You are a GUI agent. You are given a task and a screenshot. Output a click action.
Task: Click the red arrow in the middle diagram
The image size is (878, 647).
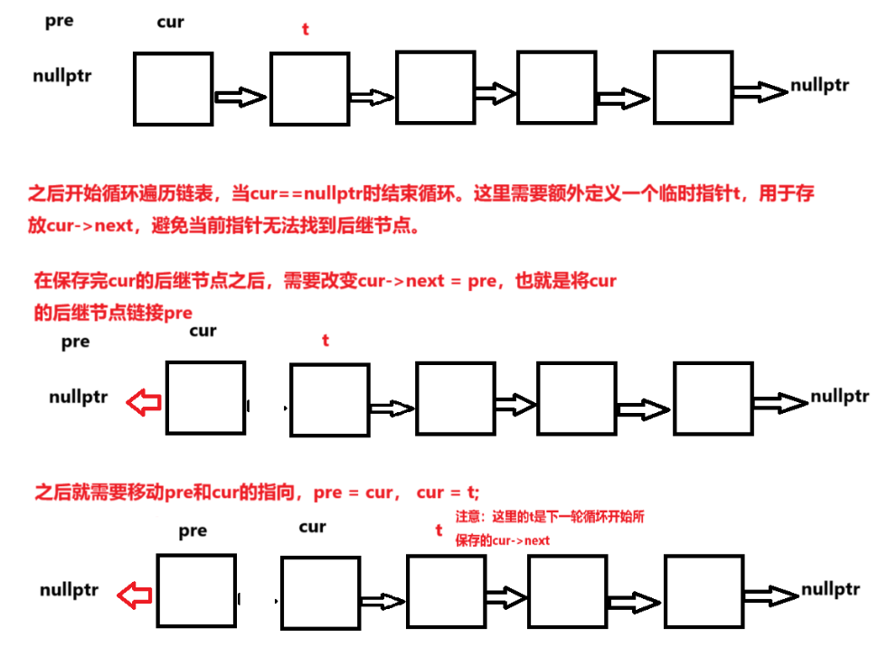point(143,403)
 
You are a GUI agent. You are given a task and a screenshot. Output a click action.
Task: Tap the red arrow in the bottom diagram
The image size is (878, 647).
point(136,595)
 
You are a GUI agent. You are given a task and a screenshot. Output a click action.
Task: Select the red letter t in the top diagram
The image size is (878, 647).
point(305,29)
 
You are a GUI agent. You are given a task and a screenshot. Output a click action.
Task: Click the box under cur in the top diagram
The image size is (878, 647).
point(173,89)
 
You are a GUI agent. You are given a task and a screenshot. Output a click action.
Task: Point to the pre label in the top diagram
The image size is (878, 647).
point(59,21)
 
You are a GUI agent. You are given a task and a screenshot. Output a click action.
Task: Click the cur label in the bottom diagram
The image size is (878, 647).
point(312,527)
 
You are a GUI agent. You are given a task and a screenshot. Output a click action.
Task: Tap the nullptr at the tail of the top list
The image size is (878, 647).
point(819,86)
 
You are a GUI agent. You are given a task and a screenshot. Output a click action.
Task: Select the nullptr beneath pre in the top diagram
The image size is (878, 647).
point(61,76)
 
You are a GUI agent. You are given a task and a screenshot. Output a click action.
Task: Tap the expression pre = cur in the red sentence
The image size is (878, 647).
point(353,492)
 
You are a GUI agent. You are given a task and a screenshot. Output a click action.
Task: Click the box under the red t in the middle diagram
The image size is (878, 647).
point(329,400)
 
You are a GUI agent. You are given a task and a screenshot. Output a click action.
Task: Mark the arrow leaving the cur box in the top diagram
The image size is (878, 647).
point(240,97)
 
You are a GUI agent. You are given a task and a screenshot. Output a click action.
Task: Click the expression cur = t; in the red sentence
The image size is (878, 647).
point(448,492)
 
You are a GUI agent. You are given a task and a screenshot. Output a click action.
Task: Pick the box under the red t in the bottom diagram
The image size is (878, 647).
point(446,592)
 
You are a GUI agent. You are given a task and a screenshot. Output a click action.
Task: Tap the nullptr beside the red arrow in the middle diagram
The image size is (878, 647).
point(79,397)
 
